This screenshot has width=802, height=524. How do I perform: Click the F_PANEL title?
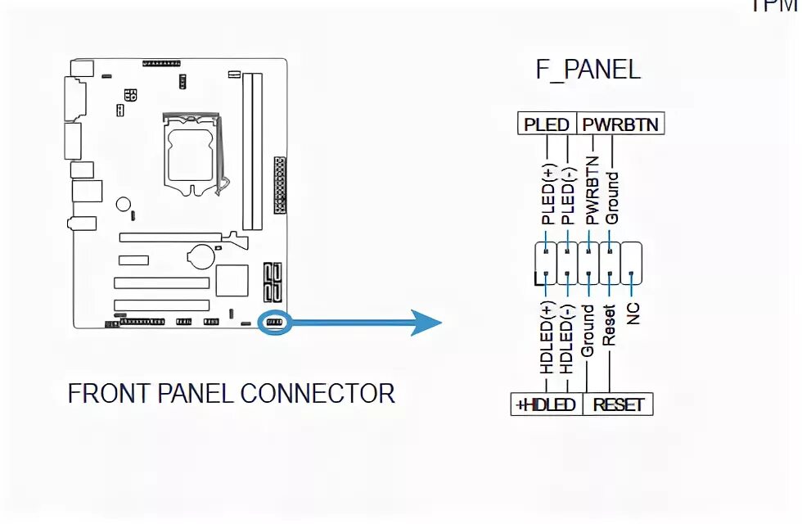coord(588,70)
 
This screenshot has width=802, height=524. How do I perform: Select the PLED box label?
coord(547,124)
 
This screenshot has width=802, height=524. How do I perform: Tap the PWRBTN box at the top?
coord(620,124)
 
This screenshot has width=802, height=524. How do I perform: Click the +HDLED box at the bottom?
coord(546,404)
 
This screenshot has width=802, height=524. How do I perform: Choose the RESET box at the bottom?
coord(618,404)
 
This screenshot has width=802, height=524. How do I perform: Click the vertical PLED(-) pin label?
coord(567,193)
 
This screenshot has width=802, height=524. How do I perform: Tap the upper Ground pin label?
coord(612,197)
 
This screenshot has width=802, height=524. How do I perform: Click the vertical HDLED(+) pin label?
coord(547,338)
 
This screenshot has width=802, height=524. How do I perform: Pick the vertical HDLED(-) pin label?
coord(566,338)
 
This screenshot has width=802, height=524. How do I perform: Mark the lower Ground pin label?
coord(588,332)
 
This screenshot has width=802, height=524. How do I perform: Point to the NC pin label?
coord(633,313)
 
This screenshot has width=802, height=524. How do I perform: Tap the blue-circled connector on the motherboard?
coord(274,323)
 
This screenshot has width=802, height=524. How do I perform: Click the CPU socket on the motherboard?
coord(195,152)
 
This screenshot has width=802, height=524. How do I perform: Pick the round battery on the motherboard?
coord(200,256)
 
